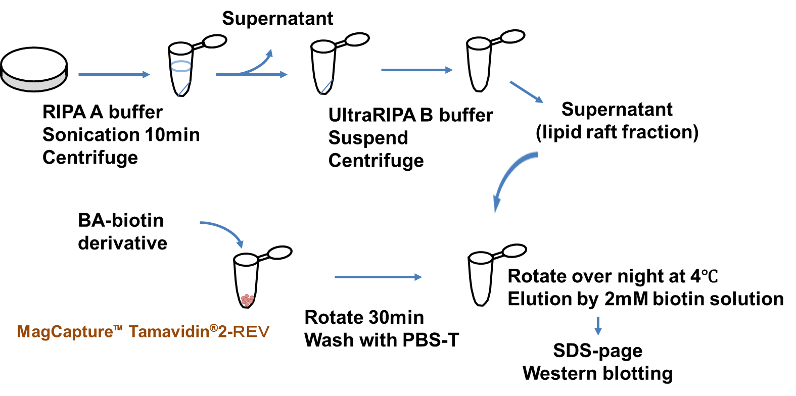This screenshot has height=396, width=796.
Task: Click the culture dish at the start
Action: point(34,70)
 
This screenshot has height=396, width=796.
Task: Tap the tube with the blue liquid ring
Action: point(181,69)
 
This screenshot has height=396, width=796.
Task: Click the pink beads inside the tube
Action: point(247,300)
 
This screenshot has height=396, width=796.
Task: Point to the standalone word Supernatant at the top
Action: point(277,19)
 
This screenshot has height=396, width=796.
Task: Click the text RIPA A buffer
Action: point(103,112)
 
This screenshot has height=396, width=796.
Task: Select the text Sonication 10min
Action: point(121,135)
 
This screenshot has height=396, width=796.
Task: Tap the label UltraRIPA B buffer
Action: point(410,115)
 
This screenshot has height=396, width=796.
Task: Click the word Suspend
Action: point(368,138)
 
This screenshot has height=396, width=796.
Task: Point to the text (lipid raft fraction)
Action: point(617,132)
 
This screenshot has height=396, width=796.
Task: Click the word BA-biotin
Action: point(121,221)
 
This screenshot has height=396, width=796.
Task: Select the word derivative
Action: point(122,243)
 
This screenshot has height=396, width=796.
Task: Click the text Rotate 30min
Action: point(364,318)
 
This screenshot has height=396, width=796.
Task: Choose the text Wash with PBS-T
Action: point(382,340)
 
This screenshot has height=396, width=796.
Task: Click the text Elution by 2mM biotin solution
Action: point(645,299)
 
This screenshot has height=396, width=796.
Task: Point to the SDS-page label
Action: point(598,351)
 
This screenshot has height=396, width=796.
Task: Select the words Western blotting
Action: point(598,374)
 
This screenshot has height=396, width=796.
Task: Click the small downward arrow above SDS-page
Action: point(598,326)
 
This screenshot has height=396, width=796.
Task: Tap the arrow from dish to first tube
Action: point(114,75)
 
